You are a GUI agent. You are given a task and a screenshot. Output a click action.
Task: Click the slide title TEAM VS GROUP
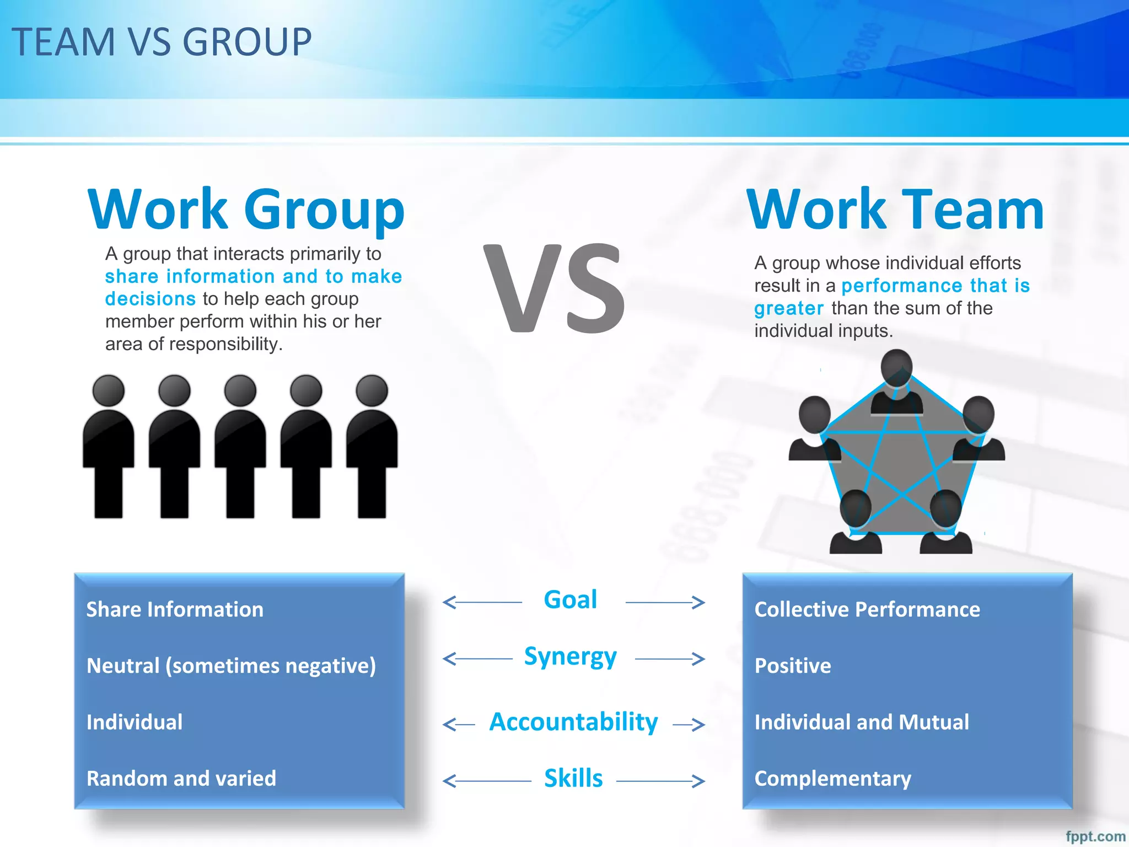click(x=162, y=42)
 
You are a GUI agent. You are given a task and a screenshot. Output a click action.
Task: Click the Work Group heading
click(x=246, y=210)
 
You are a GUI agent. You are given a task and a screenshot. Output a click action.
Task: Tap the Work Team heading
click(x=895, y=210)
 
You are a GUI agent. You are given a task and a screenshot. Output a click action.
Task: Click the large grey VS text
click(x=553, y=288)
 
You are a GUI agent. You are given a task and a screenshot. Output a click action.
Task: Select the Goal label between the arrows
click(x=570, y=600)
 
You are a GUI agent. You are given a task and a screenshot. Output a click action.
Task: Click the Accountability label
click(x=573, y=722)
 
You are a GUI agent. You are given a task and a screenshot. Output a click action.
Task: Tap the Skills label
click(x=573, y=779)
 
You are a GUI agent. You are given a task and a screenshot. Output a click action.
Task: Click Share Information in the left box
click(x=175, y=609)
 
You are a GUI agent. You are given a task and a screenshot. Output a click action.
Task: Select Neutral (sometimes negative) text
click(x=231, y=666)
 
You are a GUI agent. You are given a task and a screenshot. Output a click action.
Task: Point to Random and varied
click(x=181, y=779)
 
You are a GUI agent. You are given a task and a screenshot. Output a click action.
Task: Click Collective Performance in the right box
click(x=867, y=609)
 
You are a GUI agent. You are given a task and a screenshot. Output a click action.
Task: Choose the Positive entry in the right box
click(x=792, y=666)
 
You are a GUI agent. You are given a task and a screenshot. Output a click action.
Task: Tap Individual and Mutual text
click(x=861, y=722)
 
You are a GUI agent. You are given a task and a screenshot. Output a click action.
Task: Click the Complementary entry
click(x=832, y=779)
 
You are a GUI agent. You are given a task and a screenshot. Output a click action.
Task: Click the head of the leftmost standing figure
click(x=109, y=390)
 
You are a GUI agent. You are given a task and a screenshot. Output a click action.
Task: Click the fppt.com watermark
click(x=1095, y=837)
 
